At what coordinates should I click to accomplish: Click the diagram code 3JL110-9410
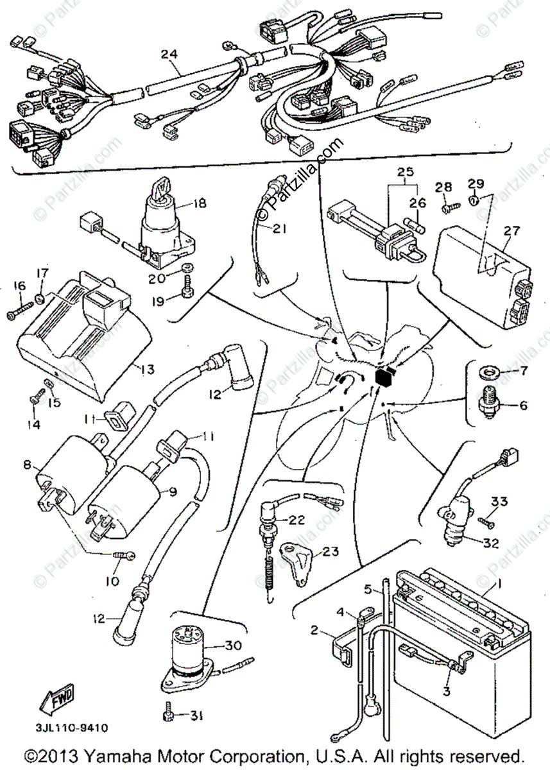pyautogui.click(x=67, y=728)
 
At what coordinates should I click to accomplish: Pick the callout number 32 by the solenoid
pyautogui.click(x=490, y=543)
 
